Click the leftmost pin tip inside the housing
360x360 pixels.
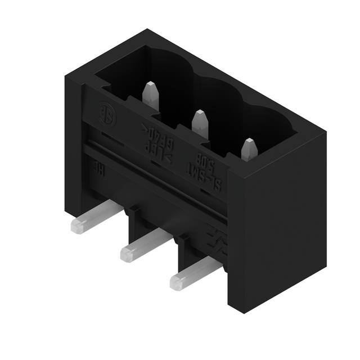[150, 93]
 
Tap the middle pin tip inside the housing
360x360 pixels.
[200, 123]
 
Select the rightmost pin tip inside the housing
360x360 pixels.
[249, 150]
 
